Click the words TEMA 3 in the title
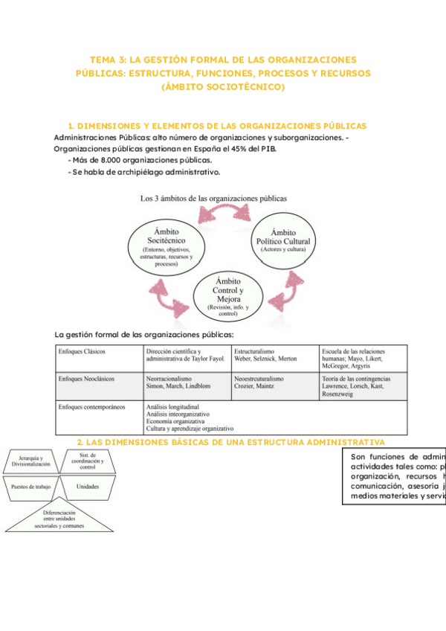[106, 60]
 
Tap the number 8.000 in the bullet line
[105, 160]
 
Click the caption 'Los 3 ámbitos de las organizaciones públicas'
[213, 198]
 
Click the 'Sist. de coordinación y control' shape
[87, 461]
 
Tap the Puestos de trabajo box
[30, 487]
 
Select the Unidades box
[87, 487]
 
